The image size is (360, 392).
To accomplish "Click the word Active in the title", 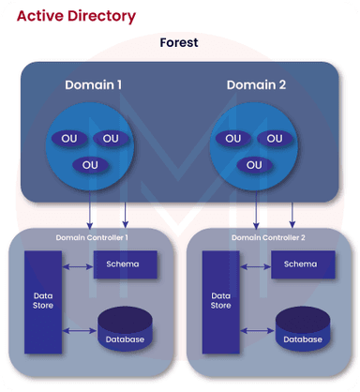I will coord(38,17).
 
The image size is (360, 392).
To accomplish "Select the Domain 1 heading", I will coord(94,85).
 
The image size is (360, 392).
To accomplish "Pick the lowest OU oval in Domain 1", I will coord(90,165).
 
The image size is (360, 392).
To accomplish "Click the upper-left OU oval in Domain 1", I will coord(69,139).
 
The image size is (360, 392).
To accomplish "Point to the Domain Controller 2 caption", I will coord(268,238).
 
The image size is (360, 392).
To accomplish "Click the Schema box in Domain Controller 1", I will coord(123,264).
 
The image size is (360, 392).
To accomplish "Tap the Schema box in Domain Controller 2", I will coord(301,264).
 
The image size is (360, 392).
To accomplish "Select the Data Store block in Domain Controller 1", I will coord(42,299).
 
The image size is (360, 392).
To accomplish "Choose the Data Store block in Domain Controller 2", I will coord(220,299).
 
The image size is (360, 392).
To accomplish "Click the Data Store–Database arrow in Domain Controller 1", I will coord(79,330).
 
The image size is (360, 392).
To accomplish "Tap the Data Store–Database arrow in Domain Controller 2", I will coord(255,330).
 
